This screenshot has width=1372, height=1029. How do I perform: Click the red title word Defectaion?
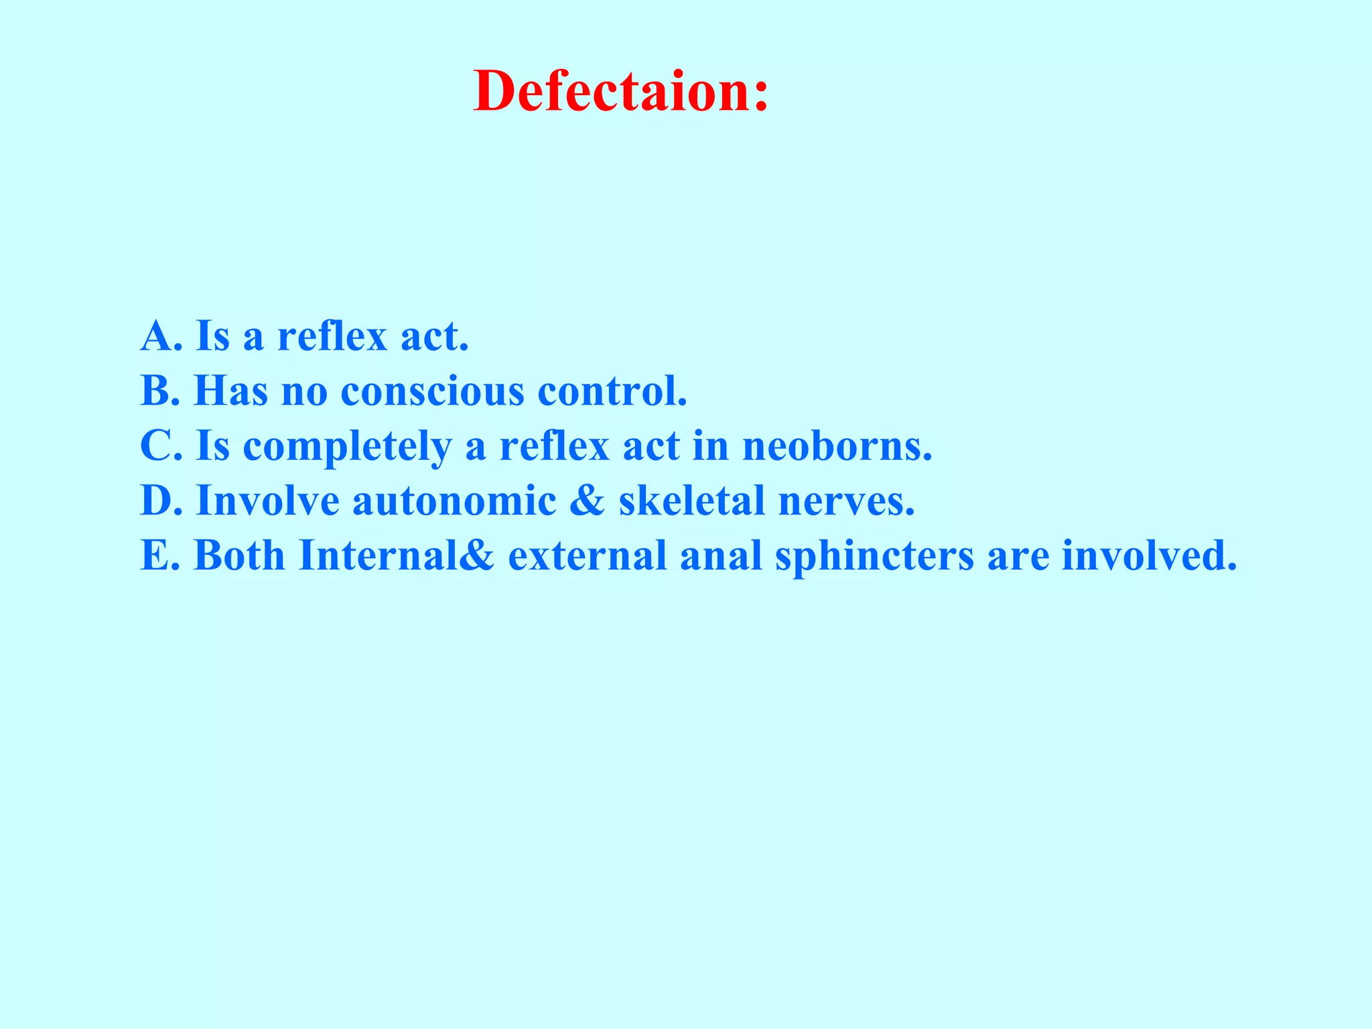point(620,92)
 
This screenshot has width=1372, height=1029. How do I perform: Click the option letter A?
point(157,336)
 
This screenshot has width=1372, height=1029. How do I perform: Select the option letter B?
point(156,391)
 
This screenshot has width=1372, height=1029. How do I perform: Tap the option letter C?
point(157,445)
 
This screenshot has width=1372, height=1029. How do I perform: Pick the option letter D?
point(157,500)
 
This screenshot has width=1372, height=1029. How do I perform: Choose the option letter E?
point(155,555)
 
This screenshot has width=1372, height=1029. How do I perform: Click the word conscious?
point(432,391)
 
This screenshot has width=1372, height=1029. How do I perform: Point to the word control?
point(612,391)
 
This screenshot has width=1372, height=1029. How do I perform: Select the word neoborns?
point(837,445)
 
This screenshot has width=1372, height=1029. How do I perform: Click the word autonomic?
point(454,500)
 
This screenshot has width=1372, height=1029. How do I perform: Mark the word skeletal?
point(691,500)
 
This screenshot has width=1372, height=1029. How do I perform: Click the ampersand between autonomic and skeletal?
point(588,500)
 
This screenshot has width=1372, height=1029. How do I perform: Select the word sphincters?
point(874,557)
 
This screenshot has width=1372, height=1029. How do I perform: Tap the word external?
point(587,555)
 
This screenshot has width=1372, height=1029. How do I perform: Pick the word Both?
point(239,555)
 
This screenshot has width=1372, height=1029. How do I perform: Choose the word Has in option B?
point(230,391)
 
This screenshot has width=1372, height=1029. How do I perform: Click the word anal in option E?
point(721,555)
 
